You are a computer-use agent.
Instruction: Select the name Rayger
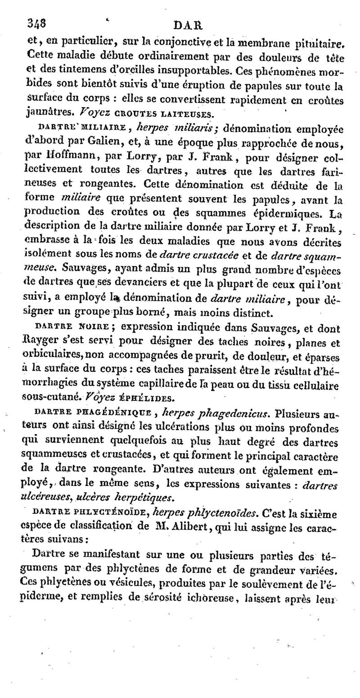pos(38,341)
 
